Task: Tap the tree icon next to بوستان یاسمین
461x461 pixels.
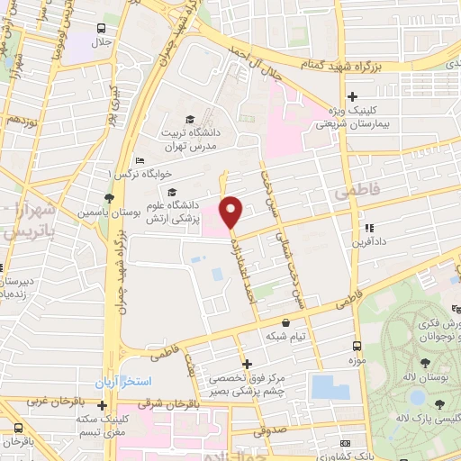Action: coord(110,198)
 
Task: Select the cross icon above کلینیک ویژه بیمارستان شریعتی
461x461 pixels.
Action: coord(352,97)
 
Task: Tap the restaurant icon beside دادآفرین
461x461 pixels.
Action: coord(367,229)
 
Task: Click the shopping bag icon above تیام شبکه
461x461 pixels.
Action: coord(286,321)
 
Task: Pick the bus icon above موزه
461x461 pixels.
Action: coord(357,346)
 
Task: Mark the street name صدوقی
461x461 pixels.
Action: coord(275,430)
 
